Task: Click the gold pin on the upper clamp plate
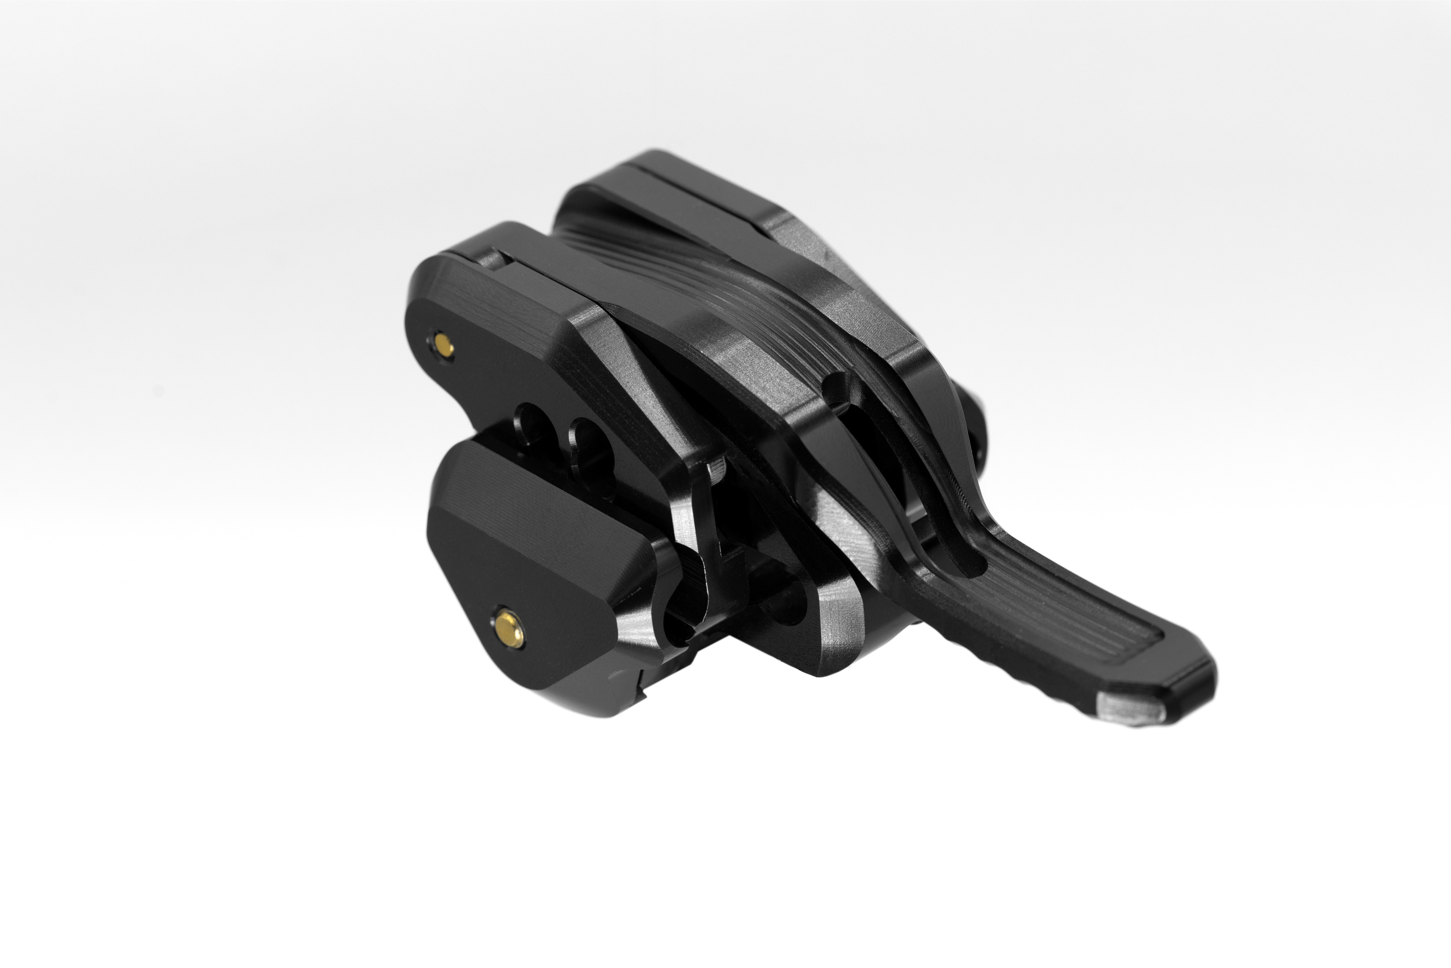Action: coord(442,342)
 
